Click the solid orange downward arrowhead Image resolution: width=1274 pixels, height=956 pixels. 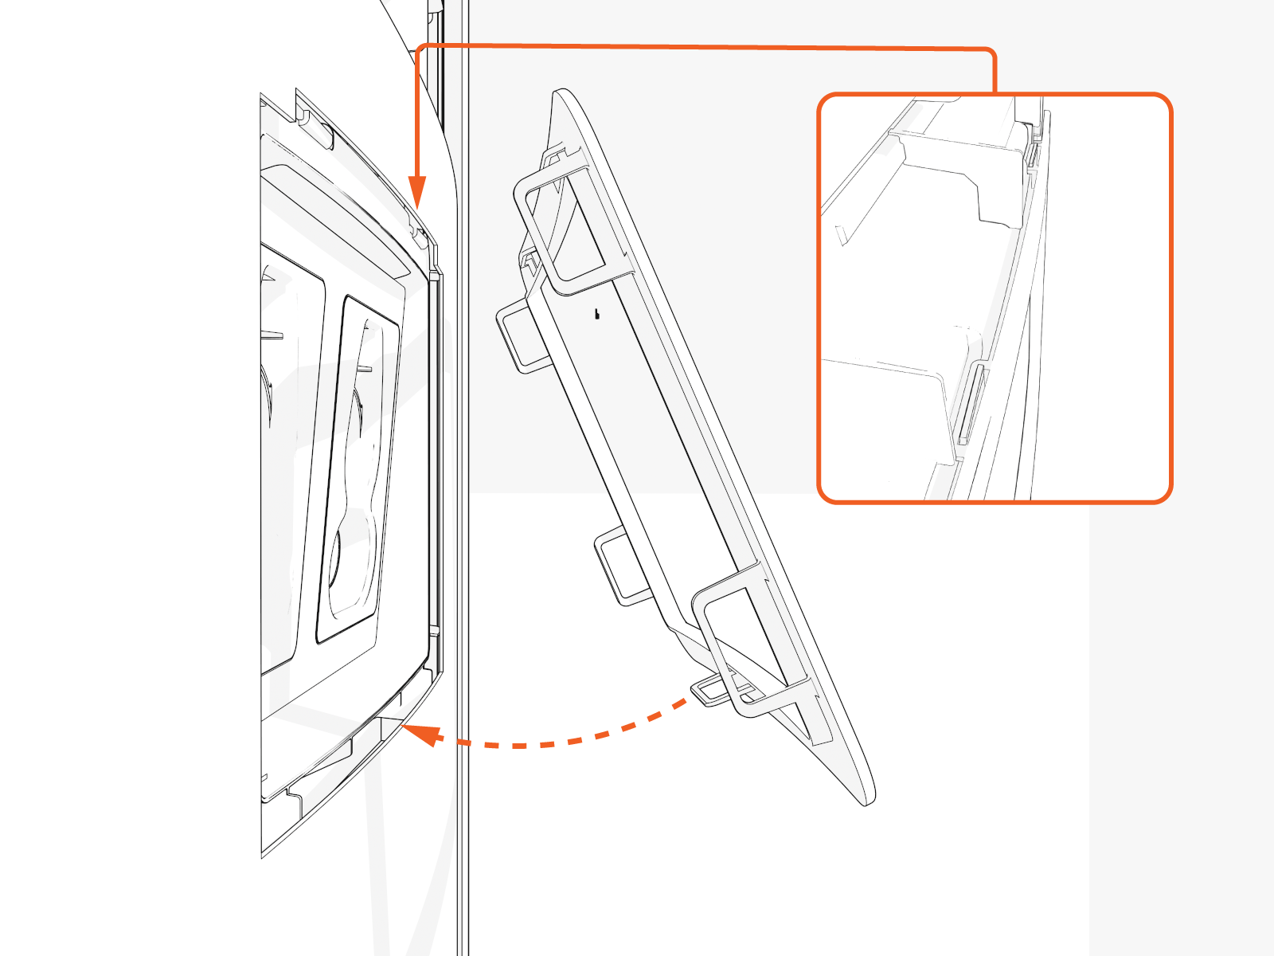417,193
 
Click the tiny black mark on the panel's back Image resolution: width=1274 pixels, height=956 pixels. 597,314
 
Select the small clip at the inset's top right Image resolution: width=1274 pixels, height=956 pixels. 1033,147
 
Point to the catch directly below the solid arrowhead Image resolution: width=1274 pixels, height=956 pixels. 416,231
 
